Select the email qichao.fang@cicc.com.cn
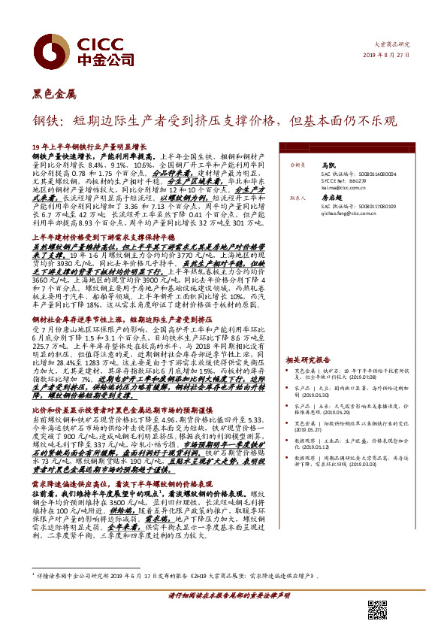(x=354, y=214)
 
